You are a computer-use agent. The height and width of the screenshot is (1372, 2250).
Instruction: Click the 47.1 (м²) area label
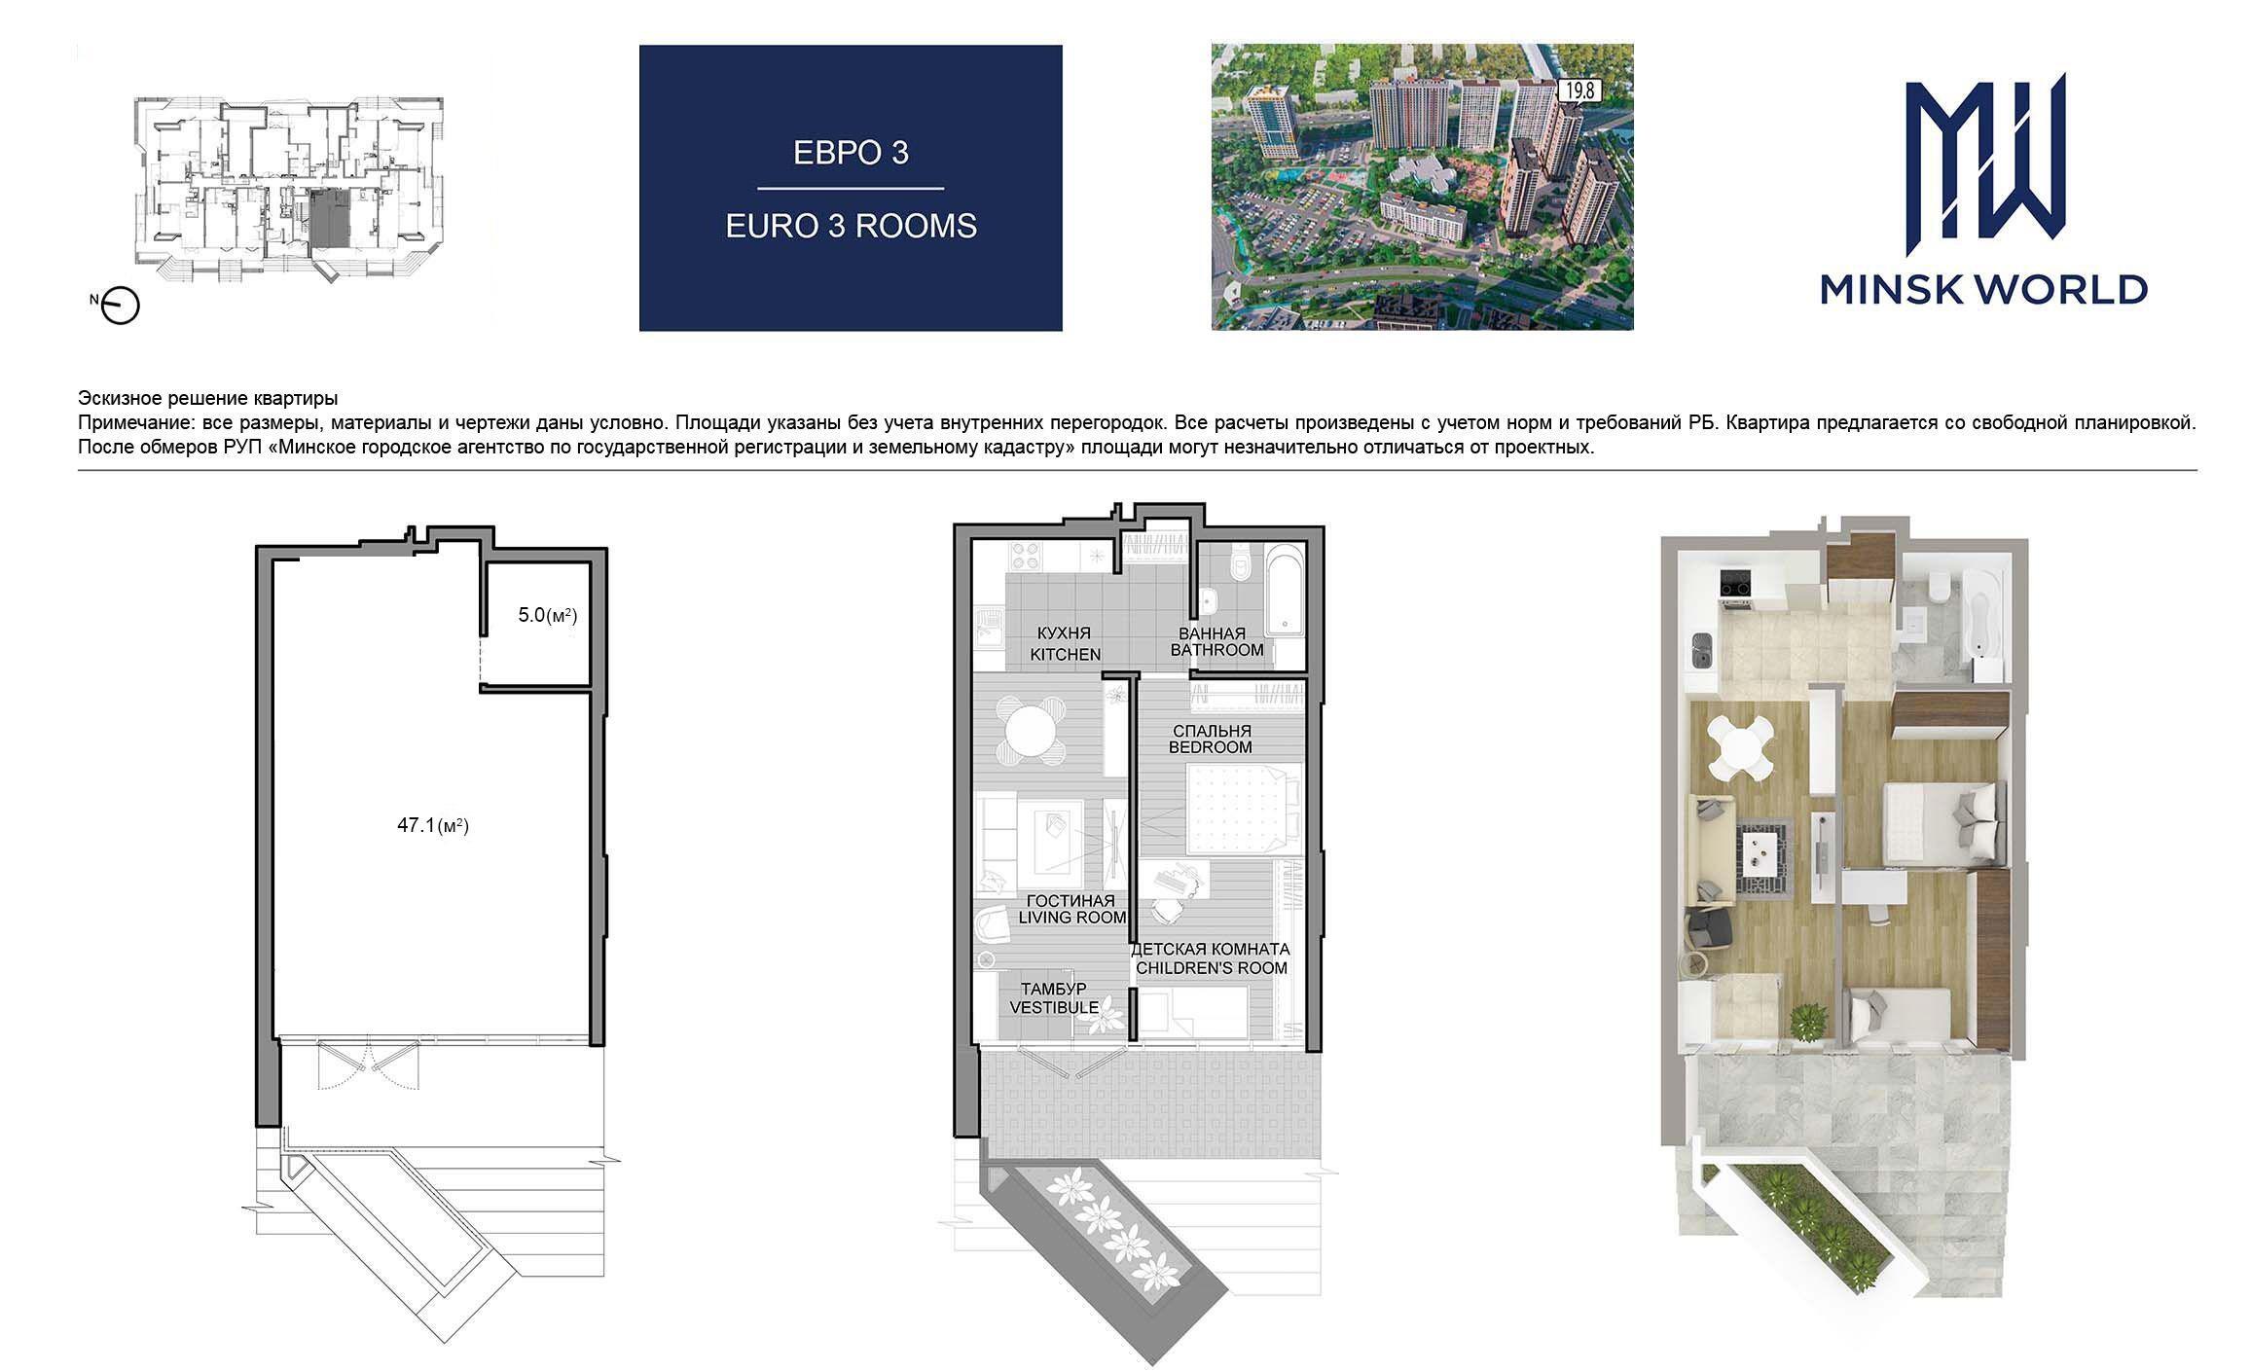point(433,826)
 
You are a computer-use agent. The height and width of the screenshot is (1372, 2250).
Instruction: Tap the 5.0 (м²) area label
point(548,615)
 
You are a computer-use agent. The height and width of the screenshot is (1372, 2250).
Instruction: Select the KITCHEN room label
point(1066,655)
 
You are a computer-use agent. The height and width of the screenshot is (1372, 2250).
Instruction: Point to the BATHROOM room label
point(1216,650)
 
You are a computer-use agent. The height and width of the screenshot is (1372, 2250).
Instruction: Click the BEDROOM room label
point(1210,747)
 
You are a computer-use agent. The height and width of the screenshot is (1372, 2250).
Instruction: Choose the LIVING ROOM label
point(1072,918)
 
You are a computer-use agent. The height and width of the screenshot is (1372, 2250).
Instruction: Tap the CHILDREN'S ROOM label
point(1211,968)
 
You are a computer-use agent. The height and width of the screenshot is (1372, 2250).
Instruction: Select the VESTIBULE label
point(1054,1007)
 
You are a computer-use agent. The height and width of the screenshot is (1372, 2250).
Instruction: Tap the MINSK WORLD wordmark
point(1984,290)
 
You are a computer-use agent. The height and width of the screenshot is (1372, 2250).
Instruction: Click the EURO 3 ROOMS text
point(851,226)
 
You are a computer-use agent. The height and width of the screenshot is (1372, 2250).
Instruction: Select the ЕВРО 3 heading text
point(851,153)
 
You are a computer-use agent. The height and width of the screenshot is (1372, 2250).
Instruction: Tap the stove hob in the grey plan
point(1026,557)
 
